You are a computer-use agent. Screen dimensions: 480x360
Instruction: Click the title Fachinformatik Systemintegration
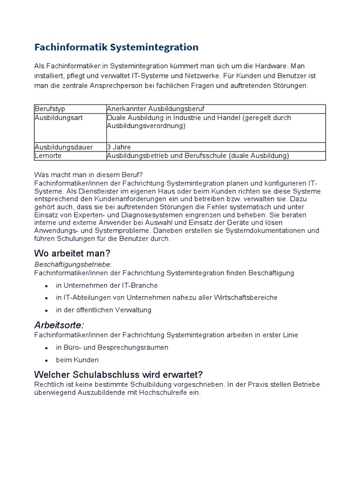click(x=116, y=47)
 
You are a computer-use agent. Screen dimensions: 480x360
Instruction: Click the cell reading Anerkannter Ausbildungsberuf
click(x=156, y=109)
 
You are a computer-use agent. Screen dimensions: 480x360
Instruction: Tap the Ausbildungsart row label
click(x=59, y=118)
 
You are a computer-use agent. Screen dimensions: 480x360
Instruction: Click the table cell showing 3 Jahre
click(x=119, y=147)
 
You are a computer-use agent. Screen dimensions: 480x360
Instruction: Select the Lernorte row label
click(x=48, y=156)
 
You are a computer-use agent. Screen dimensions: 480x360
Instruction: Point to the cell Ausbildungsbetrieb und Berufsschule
click(x=198, y=156)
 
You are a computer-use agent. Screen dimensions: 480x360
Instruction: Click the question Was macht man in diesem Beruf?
click(x=85, y=174)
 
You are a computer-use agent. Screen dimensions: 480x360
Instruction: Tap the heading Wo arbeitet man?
click(x=72, y=254)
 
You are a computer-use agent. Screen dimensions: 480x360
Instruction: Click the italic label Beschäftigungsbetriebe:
click(x=73, y=264)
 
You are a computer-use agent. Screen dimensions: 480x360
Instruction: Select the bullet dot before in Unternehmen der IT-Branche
click(x=46, y=285)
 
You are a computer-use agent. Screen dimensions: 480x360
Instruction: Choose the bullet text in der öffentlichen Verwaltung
click(x=104, y=310)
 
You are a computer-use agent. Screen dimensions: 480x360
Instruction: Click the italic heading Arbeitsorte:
click(x=60, y=325)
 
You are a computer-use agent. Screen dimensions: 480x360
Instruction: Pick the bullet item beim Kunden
click(x=77, y=360)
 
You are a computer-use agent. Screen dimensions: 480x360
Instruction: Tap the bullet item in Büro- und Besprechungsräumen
click(x=112, y=347)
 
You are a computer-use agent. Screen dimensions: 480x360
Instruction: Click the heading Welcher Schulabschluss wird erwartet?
click(x=119, y=375)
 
